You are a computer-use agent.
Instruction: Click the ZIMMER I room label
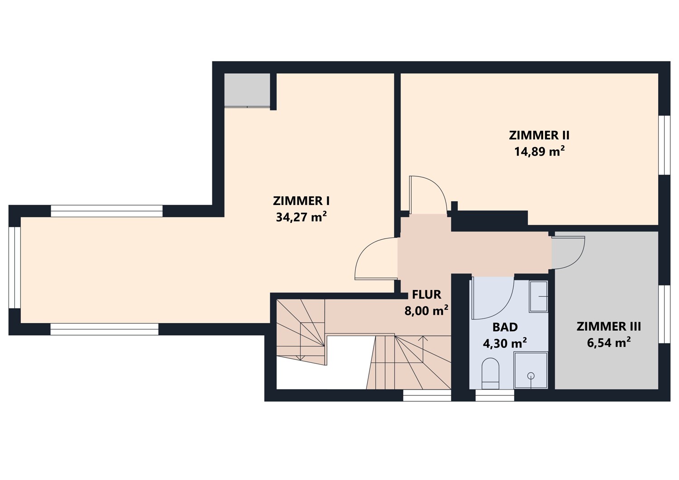[x=301, y=201]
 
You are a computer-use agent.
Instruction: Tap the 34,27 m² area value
[x=301, y=217]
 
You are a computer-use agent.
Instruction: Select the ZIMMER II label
[x=539, y=135]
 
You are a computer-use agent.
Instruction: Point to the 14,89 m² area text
[x=539, y=151]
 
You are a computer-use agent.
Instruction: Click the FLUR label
[x=426, y=295]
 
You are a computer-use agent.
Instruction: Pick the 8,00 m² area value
[x=426, y=310]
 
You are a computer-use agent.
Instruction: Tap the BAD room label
[x=505, y=327]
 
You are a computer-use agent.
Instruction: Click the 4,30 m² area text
[x=505, y=343]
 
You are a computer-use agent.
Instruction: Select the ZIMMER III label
[x=609, y=327]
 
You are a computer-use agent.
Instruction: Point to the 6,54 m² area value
[x=609, y=343]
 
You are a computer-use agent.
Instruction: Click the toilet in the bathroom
[x=490, y=374]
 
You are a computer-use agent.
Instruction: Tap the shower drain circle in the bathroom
[x=531, y=376]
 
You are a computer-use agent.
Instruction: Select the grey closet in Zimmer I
[x=247, y=90]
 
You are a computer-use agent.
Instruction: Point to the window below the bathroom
[x=495, y=395]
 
